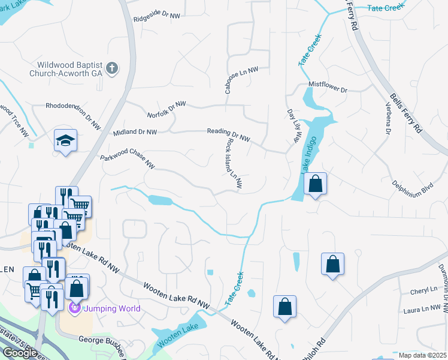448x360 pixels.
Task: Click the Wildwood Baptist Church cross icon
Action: (113, 68)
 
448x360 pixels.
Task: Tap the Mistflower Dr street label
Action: (328, 86)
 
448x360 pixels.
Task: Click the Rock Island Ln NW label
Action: (234, 166)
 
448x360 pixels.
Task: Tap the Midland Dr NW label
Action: (134, 132)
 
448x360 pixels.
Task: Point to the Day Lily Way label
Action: (293, 125)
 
